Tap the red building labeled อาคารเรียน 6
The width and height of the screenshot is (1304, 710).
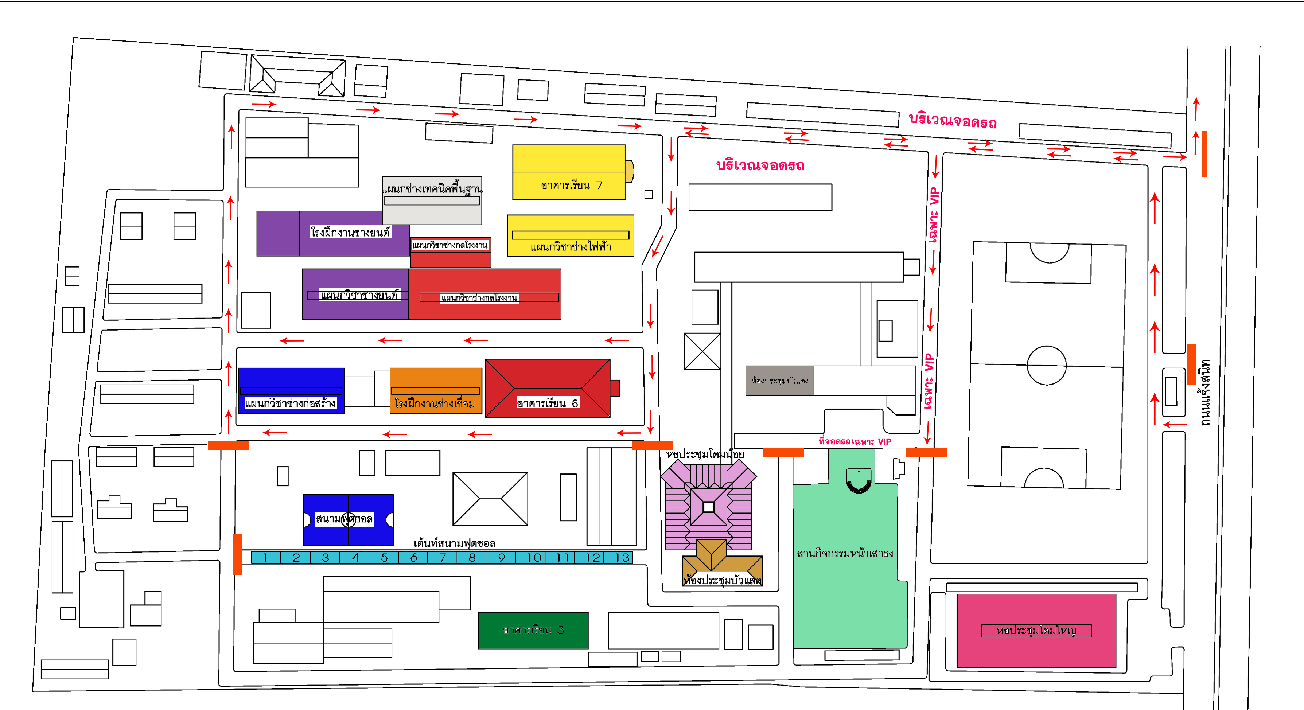click(547, 388)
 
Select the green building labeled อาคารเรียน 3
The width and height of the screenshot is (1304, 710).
click(533, 631)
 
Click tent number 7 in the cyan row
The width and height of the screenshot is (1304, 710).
click(443, 558)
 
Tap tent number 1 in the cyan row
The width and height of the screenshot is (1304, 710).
click(265, 558)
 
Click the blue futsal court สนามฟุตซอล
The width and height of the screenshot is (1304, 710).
click(348, 520)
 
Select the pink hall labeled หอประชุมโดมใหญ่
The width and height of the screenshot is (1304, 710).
click(1036, 631)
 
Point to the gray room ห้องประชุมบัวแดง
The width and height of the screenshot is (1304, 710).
click(779, 381)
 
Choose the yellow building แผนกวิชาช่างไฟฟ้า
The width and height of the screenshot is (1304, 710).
click(571, 236)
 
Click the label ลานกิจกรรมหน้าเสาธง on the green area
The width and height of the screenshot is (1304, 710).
click(844, 554)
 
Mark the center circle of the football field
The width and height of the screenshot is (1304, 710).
click(1046, 365)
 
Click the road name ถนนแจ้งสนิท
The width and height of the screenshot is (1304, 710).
click(1205, 393)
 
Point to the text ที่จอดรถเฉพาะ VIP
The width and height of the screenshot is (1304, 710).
click(855, 442)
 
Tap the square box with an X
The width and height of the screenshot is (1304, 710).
click(702, 351)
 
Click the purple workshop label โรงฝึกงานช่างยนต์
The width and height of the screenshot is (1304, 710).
click(350, 232)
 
